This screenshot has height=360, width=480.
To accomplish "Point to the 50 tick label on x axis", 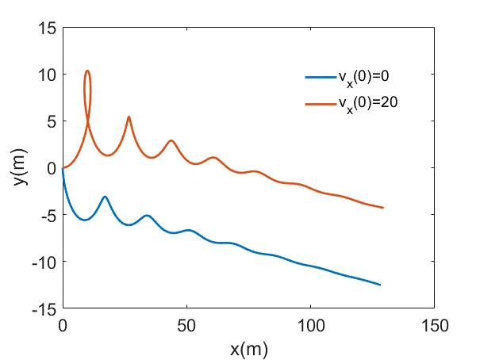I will tap(186, 324).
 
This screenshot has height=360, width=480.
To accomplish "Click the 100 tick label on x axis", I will tap(310, 324).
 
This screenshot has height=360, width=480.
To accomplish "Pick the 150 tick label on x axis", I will tap(434, 324).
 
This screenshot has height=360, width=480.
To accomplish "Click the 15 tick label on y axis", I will tap(47, 29).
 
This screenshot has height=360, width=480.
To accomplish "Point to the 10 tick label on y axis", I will tap(47, 75).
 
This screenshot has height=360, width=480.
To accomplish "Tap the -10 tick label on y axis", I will tap(44, 262).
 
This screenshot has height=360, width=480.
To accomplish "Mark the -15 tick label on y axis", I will tap(44, 308).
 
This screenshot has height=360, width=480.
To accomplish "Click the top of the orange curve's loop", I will tap(87, 71).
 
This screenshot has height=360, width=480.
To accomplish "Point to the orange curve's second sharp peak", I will tap(129, 117).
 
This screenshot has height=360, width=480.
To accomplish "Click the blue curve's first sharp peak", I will tap(105, 197).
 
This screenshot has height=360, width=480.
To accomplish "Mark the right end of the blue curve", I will tap(381, 285).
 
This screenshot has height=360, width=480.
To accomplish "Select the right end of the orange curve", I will tap(383, 208).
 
